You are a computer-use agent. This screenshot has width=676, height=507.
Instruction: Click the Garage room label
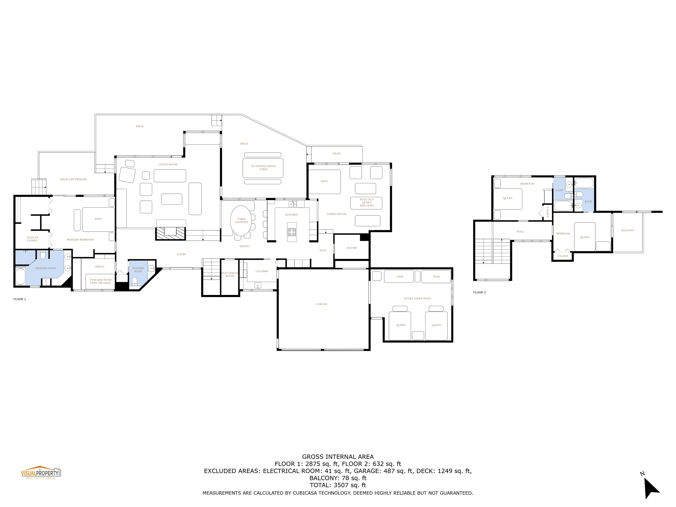pyautogui.click(x=322, y=304)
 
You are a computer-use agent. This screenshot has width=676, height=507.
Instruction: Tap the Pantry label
pyautogui.click(x=352, y=248)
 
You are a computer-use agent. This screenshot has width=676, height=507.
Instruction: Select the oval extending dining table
pyautogui.click(x=241, y=221)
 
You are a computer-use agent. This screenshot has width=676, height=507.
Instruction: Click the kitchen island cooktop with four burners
pyautogui.click(x=292, y=232)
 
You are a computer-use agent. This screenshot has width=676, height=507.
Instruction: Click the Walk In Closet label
pyautogui.click(x=32, y=239)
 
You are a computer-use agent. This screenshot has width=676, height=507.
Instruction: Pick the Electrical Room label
pyautogui.click(x=229, y=274)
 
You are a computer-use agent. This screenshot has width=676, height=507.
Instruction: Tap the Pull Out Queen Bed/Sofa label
pyautogui.click(x=367, y=202)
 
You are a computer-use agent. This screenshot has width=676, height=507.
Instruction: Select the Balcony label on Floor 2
pyautogui.click(x=628, y=230)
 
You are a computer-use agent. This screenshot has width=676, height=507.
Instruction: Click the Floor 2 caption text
pyautogui.click(x=479, y=293)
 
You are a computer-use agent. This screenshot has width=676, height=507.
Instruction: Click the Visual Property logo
pyautogui.click(x=41, y=473)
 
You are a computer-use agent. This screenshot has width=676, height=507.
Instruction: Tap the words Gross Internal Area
pyautogui.click(x=338, y=457)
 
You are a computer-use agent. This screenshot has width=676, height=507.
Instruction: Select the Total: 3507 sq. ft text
pyautogui.click(x=338, y=485)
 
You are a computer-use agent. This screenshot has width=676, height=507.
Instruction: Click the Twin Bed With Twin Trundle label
pyautogui.click(x=100, y=281)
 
